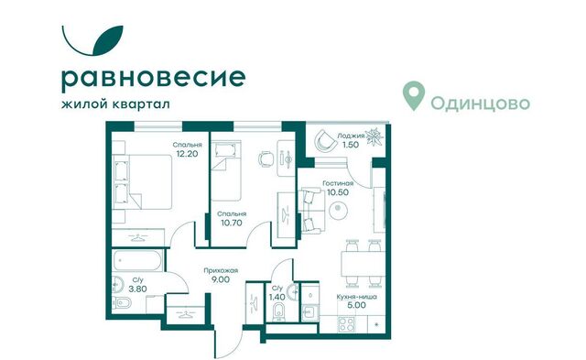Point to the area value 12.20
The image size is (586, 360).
187,155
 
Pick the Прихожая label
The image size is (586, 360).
222,271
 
